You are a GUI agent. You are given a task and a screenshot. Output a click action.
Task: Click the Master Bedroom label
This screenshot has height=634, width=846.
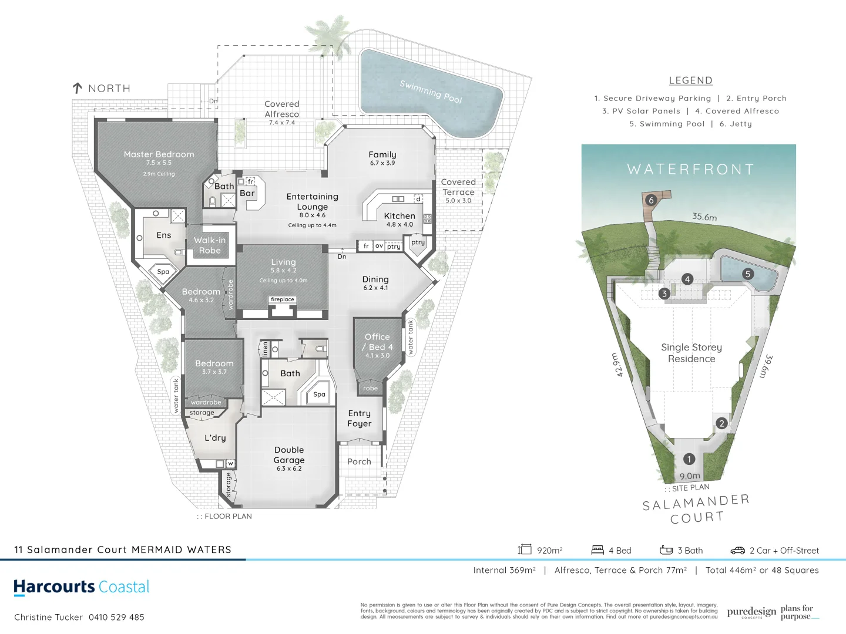click(x=159, y=154)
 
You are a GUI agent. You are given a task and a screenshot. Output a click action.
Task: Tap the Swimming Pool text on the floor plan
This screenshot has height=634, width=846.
click(x=431, y=92)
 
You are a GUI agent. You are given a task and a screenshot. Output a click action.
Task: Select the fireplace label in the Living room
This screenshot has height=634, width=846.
click(x=283, y=299)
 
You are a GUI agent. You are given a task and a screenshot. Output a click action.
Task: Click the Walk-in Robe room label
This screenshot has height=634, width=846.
click(x=210, y=245)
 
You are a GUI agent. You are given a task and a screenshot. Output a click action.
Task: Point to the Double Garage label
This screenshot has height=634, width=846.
click(x=289, y=455)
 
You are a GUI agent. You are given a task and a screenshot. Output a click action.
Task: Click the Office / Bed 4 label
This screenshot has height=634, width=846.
click(x=377, y=342)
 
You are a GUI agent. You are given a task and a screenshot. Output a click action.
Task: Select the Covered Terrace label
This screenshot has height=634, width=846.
click(x=458, y=187)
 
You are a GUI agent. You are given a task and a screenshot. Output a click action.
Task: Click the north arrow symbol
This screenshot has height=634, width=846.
click(x=77, y=88)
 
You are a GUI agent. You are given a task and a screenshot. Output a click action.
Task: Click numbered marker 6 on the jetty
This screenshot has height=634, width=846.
click(x=650, y=200)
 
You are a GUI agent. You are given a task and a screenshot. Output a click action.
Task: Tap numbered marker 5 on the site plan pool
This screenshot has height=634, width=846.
click(x=748, y=274)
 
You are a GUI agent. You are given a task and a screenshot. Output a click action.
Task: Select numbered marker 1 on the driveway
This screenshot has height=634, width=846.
click(x=689, y=459)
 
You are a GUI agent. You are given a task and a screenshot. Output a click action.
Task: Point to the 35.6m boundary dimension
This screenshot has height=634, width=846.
click(x=704, y=217)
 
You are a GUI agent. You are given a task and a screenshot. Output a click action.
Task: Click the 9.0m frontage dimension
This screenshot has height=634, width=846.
click(x=690, y=476)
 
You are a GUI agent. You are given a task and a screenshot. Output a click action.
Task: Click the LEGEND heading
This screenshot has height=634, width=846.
click(x=690, y=80)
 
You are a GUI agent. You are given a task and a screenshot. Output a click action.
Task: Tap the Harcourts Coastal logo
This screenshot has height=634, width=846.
click(x=82, y=587)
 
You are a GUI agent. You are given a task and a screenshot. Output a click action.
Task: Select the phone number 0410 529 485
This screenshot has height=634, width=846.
click(x=116, y=617)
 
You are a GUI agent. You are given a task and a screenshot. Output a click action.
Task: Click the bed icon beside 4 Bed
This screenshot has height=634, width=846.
click(x=597, y=550)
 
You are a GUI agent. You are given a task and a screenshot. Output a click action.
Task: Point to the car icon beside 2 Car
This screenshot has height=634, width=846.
click(x=737, y=551)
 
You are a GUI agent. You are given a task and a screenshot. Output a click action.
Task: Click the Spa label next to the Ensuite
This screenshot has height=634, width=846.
click(x=163, y=271)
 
